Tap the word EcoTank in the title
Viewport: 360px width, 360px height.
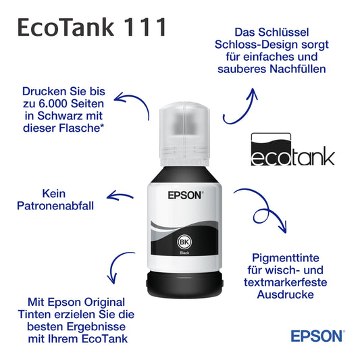pos(66,27)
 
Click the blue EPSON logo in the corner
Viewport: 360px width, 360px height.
pos(317,336)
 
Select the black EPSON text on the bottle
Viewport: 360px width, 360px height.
pos(185,195)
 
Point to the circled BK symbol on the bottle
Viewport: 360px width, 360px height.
pos(184,242)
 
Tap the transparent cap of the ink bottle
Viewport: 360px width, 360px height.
pos(184,134)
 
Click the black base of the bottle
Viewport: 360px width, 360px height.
pos(184,284)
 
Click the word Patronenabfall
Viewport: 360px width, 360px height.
pos(55,206)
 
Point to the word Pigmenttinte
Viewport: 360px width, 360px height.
pos(286,257)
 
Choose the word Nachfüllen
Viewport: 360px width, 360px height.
pos(298,69)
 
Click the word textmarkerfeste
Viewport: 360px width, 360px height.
pos(286,282)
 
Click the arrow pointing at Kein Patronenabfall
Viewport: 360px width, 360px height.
pos(120,196)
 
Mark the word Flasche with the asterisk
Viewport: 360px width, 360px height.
pos(82,128)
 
